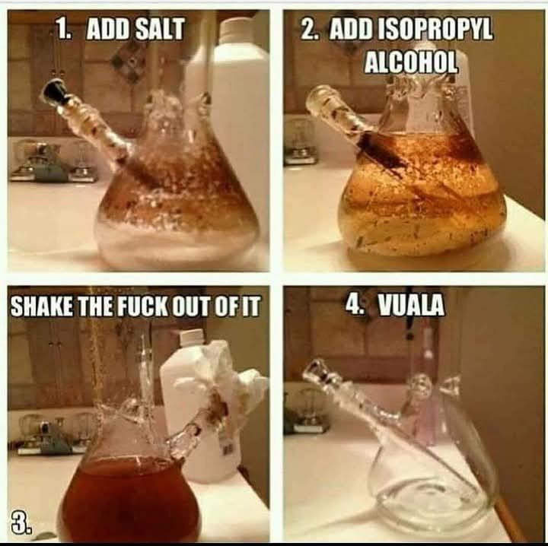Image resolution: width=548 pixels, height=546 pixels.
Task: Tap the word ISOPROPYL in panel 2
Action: click(x=438, y=29)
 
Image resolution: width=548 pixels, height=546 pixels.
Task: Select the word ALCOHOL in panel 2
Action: click(x=411, y=62)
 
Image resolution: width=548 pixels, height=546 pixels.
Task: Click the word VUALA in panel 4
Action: click(x=412, y=305)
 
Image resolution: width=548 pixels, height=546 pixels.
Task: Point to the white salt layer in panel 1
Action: click(x=177, y=240)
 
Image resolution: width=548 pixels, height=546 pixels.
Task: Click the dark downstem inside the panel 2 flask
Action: click(x=381, y=149)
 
